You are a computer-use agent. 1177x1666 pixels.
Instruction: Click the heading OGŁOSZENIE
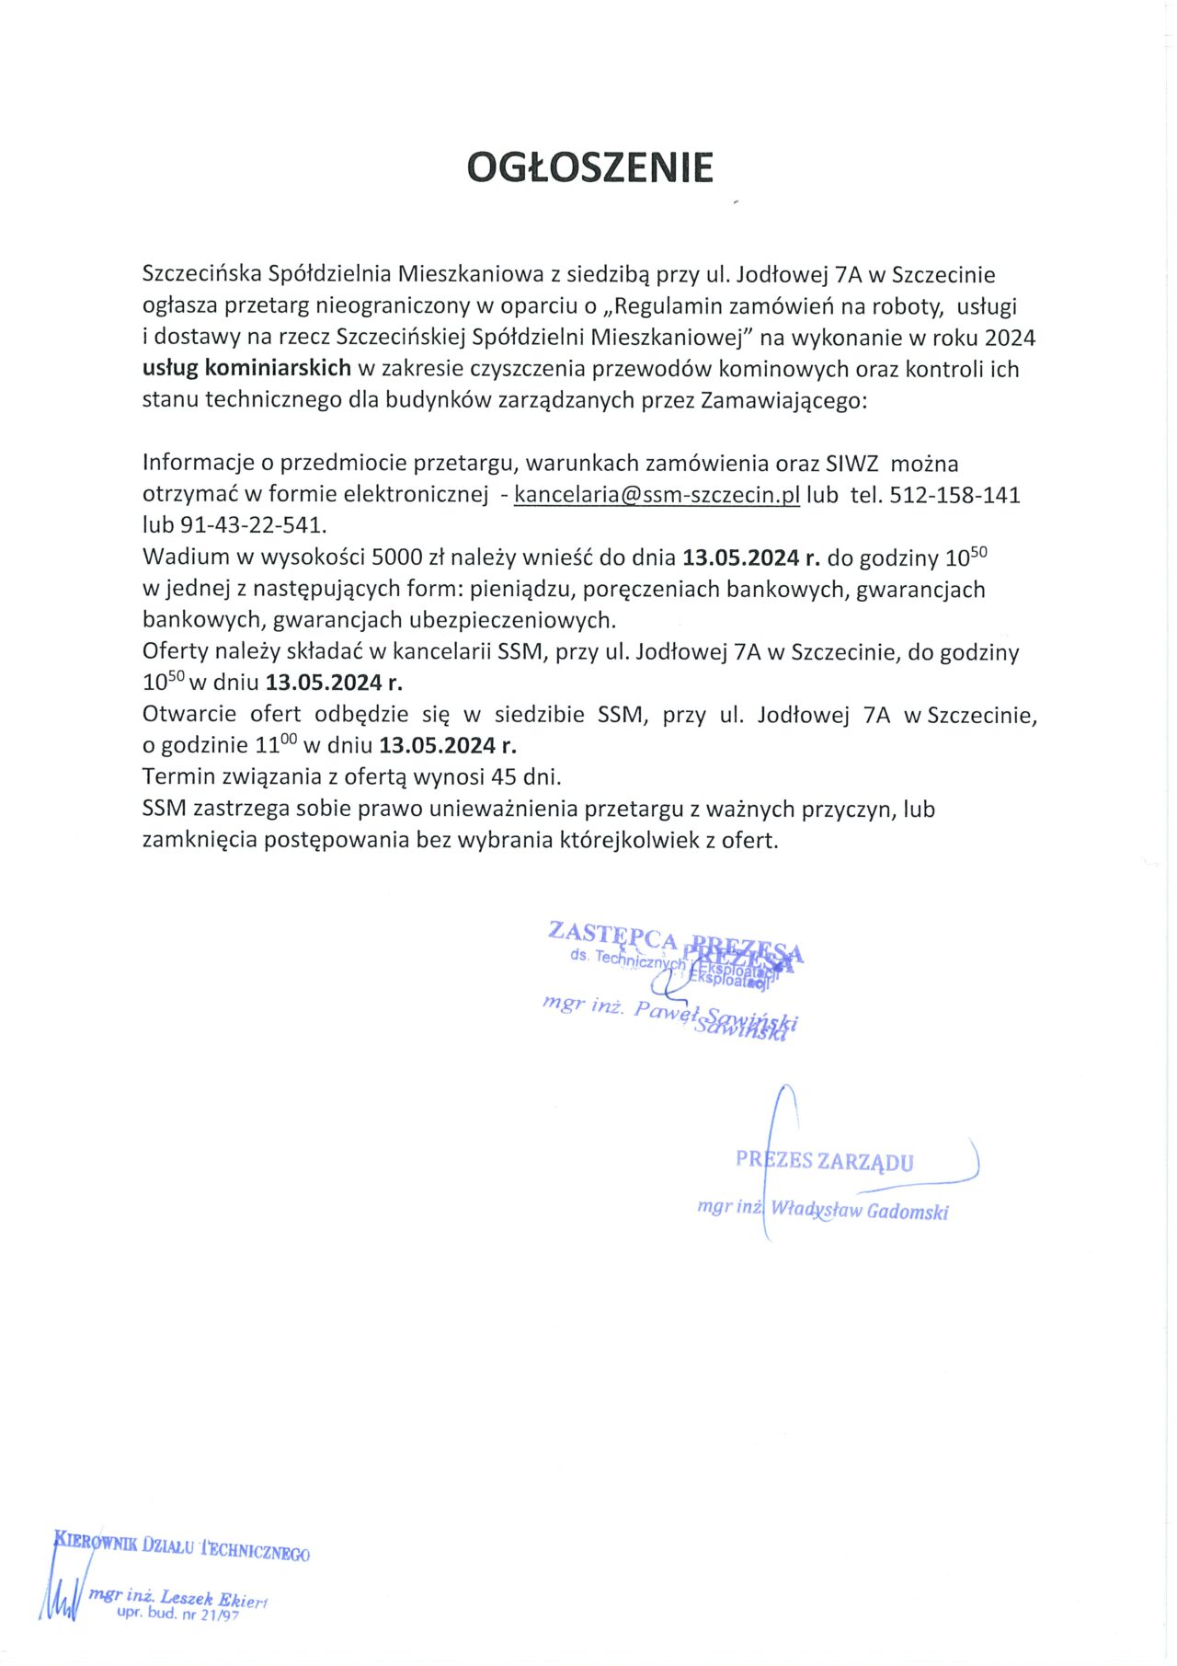click(589, 167)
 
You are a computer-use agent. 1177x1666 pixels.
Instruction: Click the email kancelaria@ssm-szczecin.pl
click(657, 495)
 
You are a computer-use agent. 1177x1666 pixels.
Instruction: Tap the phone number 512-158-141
click(954, 495)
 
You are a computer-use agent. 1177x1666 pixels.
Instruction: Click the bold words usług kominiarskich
click(246, 369)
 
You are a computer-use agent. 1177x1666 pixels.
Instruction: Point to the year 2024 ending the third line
click(1010, 338)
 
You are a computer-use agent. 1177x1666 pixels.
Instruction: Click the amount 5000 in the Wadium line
click(396, 557)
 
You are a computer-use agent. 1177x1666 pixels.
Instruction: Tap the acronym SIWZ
click(851, 464)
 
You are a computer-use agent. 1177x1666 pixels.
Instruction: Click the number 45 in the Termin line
click(503, 776)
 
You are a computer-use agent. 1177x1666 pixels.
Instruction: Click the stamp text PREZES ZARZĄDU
click(824, 1161)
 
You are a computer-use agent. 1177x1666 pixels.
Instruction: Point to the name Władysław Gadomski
click(859, 1211)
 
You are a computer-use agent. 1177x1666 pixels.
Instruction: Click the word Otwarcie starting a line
click(189, 715)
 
